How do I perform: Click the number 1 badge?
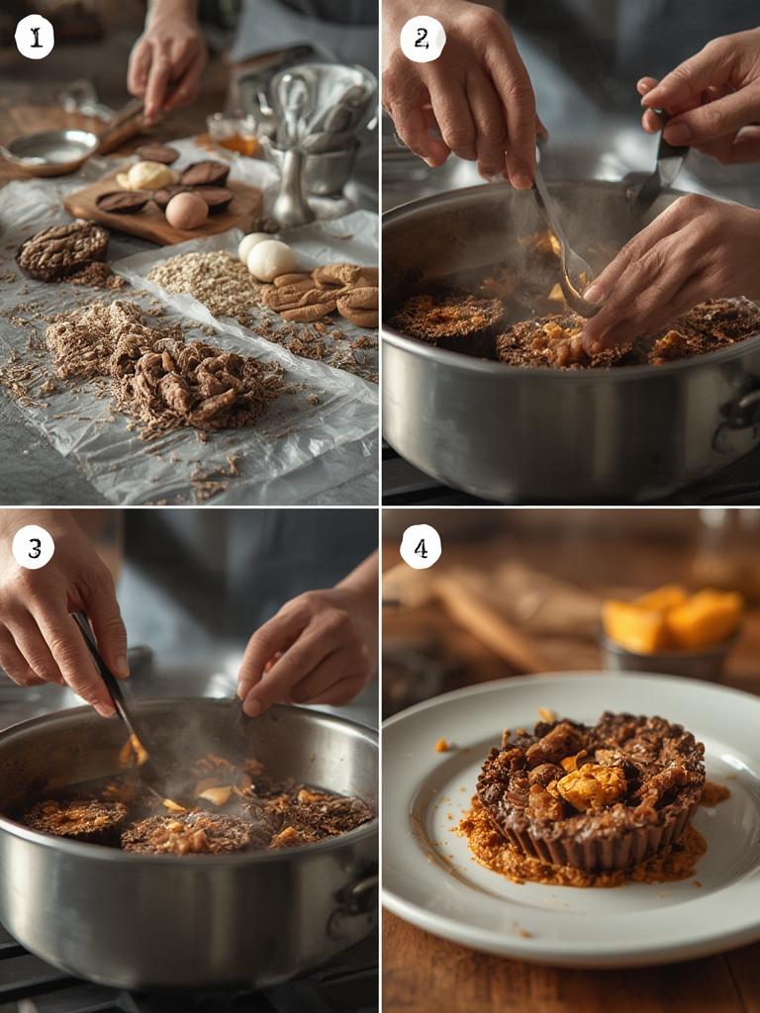click(x=35, y=38)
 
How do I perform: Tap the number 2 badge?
click(x=423, y=39)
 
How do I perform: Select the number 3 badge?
click(x=34, y=547)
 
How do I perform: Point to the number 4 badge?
click(x=421, y=547)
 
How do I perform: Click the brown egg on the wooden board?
click(x=186, y=211)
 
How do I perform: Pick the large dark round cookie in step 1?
click(x=62, y=249)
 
